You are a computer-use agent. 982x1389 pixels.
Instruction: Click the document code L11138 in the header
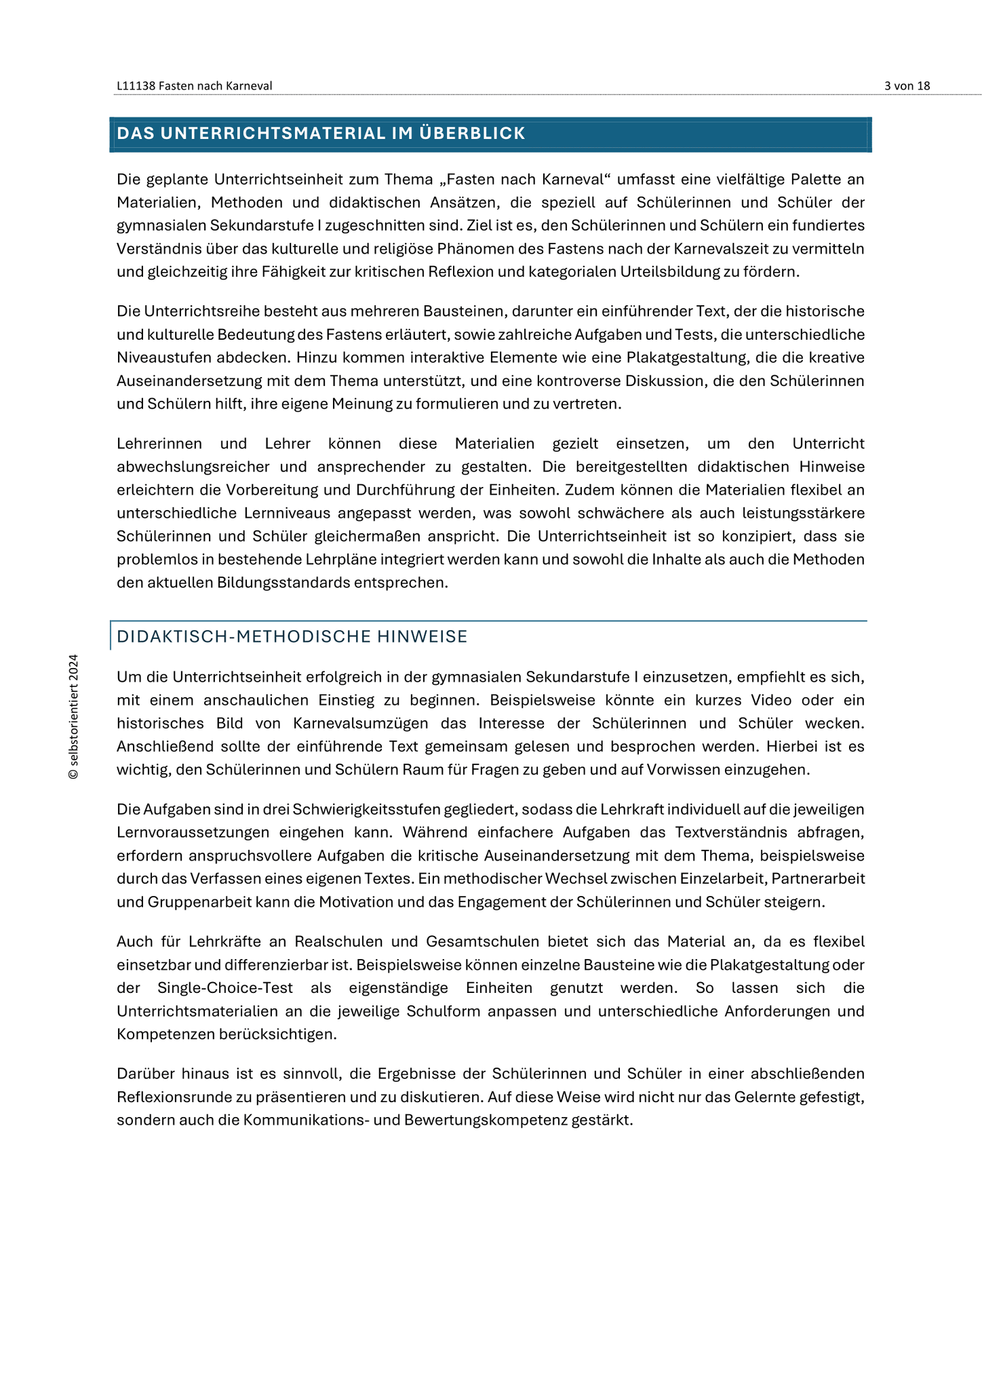(x=136, y=86)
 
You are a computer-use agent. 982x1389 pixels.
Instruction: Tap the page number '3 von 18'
(x=907, y=86)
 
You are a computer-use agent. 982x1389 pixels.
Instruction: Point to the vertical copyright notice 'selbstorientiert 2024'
(x=73, y=717)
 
